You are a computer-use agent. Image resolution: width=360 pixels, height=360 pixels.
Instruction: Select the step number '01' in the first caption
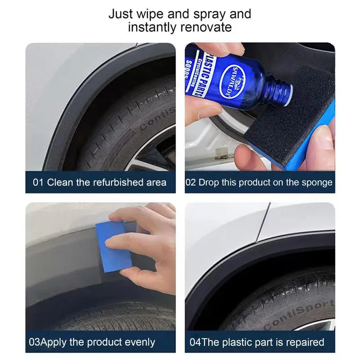38,182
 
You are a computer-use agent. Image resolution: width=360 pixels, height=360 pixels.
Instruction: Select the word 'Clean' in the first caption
59,182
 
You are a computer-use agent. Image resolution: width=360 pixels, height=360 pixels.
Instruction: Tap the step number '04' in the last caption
195,342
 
